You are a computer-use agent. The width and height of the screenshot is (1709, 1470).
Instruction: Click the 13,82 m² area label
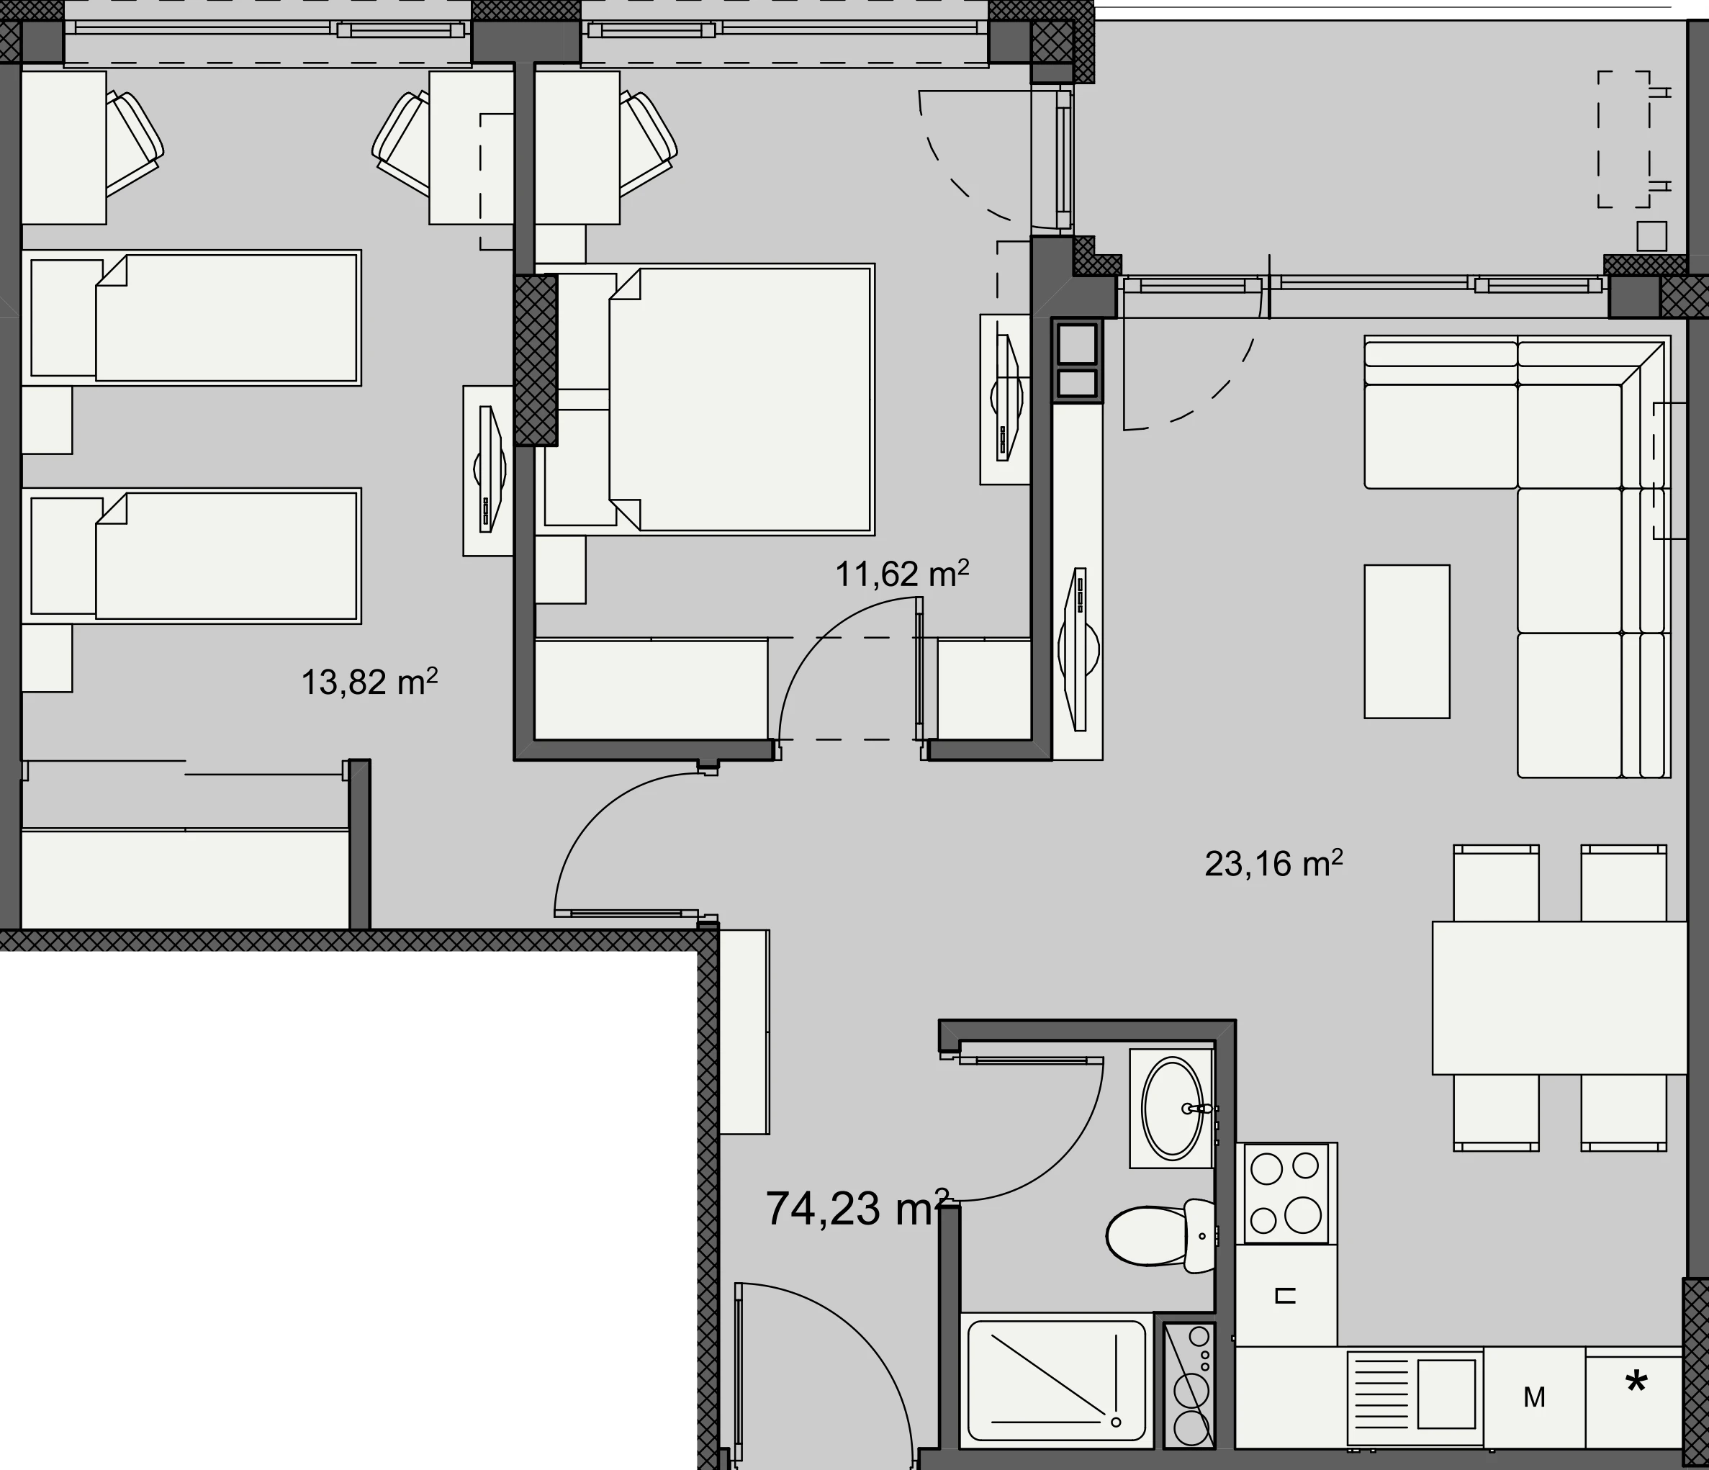coord(369,682)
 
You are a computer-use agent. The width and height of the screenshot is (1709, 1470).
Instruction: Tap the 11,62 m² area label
coord(901,573)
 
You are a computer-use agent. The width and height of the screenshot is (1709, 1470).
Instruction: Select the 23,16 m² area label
coord(1273,864)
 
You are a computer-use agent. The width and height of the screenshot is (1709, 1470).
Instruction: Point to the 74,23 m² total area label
coord(858,1209)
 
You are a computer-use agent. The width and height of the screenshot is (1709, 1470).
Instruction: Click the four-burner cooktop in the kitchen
coord(1286,1193)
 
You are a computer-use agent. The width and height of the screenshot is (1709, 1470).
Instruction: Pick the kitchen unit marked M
coord(1534,1397)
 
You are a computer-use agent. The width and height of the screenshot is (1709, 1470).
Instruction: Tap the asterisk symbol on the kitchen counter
coord(1636,1384)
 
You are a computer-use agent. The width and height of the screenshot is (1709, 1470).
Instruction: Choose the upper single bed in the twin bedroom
coord(191,317)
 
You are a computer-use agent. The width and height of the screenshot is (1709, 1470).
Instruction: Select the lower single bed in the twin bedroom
coord(191,556)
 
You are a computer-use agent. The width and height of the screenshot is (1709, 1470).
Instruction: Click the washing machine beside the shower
coord(1189,1385)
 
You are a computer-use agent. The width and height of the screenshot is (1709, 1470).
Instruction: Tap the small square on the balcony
coord(1652,237)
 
